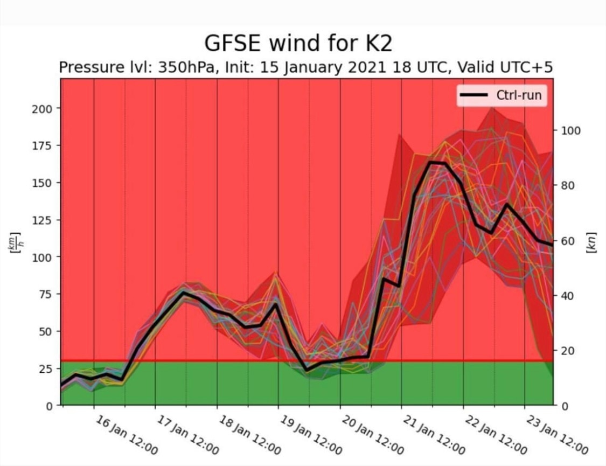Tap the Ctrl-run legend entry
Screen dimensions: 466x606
[500, 95]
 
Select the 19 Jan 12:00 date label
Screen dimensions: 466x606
[311, 435]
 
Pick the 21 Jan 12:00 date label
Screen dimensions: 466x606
[434, 435]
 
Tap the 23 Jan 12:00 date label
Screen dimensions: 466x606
[557, 435]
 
